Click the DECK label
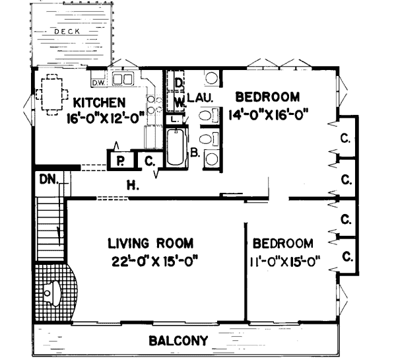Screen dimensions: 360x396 [x=67, y=30]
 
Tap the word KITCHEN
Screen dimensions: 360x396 [x=98, y=102]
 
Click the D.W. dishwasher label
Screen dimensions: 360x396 [x=99, y=82]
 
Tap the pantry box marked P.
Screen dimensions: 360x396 [x=120, y=161]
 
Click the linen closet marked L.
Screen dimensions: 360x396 [x=174, y=120]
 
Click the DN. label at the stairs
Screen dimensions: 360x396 [x=47, y=179]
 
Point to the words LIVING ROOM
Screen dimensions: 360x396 [x=149, y=242]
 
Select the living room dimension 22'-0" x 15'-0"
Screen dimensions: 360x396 [x=155, y=260]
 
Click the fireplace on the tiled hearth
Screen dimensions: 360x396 [x=51, y=291]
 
